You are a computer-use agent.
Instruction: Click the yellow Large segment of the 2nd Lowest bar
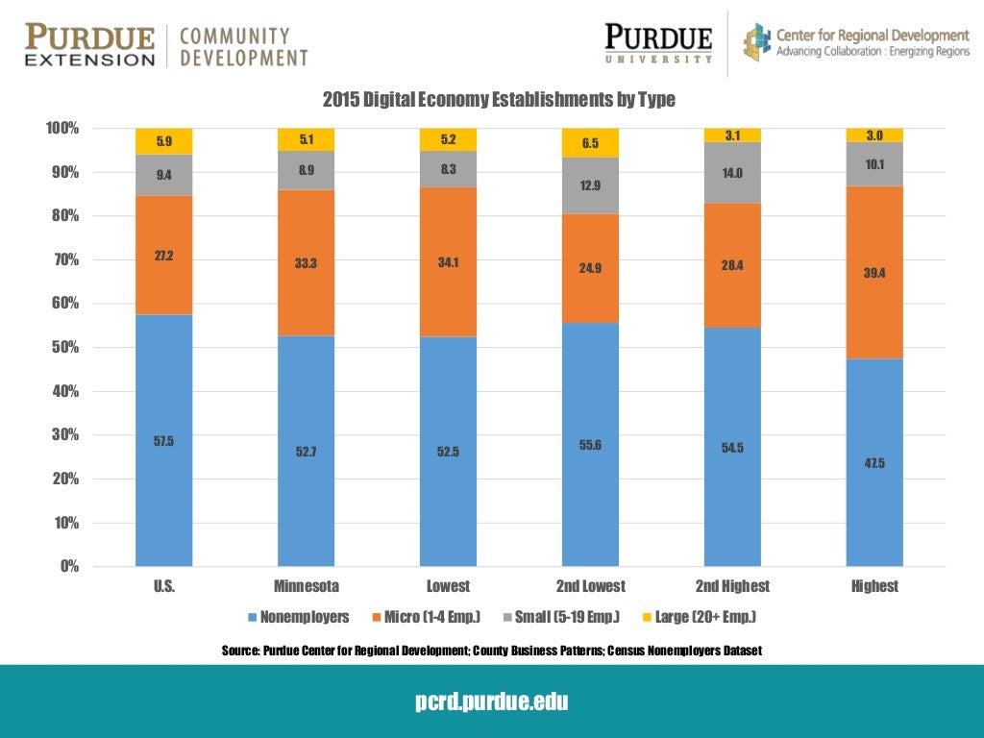point(591,143)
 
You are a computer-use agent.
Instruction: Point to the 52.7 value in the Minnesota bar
point(307,452)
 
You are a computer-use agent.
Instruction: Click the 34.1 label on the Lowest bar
point(449,261)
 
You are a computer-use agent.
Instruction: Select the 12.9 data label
point(591,185)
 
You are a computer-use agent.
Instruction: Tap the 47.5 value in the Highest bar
point(874,463)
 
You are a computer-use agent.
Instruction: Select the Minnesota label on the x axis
point(307,586)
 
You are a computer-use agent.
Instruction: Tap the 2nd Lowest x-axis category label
point(591,586)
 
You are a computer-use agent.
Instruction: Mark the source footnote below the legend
point(492,652)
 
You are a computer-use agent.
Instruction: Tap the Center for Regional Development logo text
point(872,42)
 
